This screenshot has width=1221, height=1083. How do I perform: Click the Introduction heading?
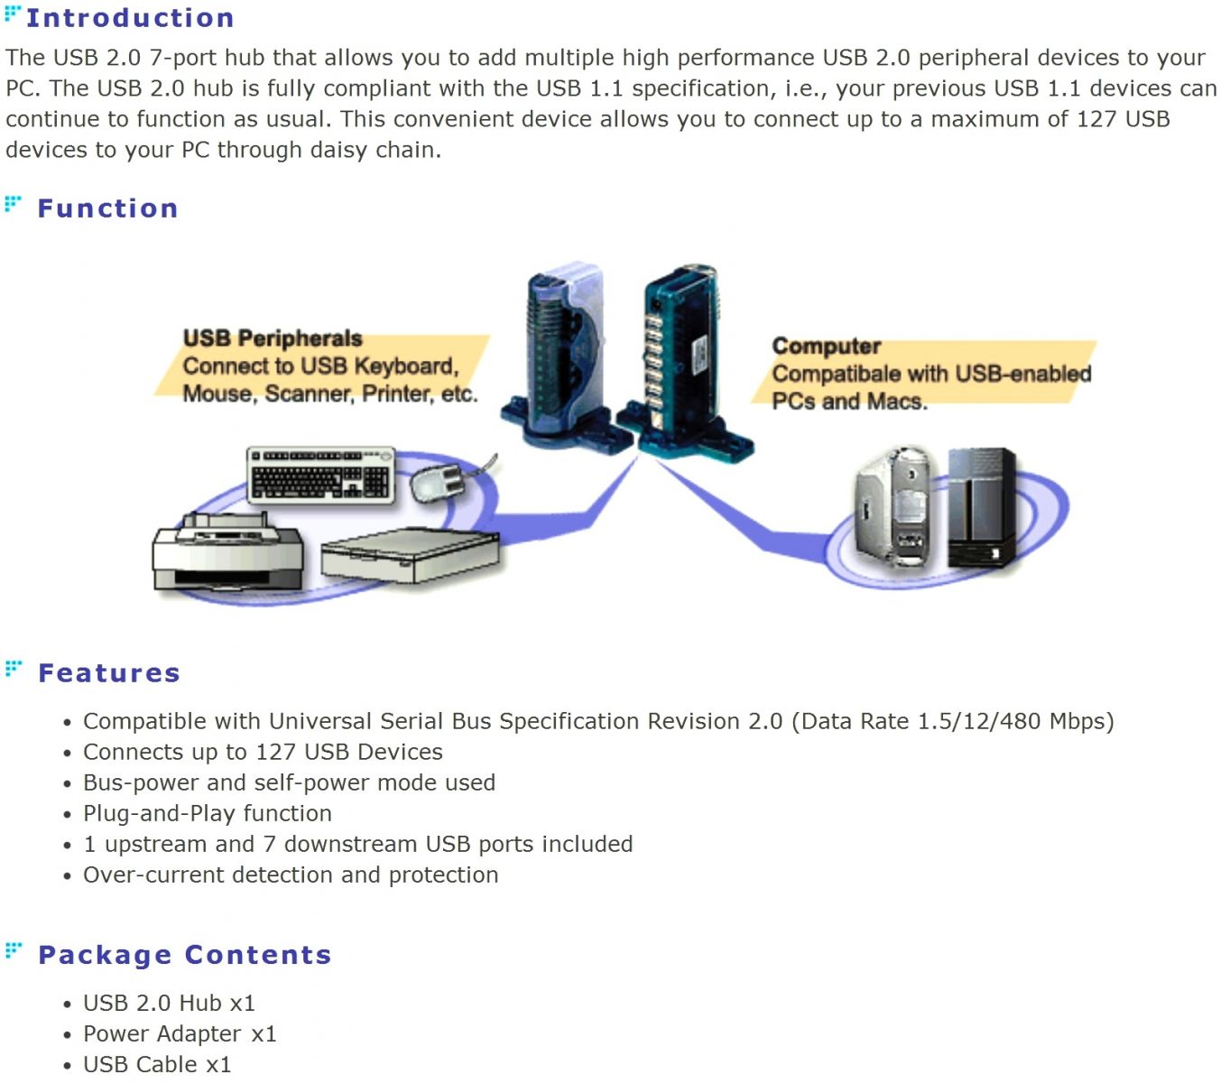130,18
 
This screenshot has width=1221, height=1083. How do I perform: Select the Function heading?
107,208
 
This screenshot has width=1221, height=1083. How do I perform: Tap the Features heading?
109,673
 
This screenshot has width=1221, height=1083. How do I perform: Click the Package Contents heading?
185,955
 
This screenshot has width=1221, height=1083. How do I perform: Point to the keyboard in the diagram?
321,473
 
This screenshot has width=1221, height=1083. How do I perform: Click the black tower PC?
982,507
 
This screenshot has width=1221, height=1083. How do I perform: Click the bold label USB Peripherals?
273,338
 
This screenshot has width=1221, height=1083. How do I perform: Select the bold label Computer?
827,346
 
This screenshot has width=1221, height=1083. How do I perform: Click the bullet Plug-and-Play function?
208,814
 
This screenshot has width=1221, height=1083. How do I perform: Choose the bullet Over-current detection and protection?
291,875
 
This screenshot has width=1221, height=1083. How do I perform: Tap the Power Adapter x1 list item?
180,1034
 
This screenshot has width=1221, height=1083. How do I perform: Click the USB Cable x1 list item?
157,1065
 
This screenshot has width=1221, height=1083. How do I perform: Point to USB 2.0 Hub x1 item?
169,1004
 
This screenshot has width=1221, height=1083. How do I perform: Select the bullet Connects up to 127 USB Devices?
263,753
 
